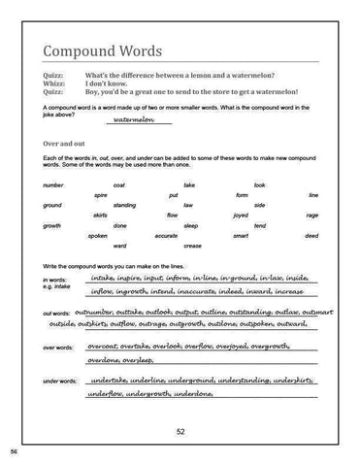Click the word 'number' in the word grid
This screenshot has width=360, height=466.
[x=54, y=184]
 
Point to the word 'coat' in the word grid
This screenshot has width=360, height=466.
[x=119, y=184]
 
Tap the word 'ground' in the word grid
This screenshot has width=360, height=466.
[x=52, y=206]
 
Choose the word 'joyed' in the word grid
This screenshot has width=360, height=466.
[x=233, y=216]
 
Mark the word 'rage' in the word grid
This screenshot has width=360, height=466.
[x=311, y=216]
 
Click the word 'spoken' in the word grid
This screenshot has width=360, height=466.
[x=97, y=236]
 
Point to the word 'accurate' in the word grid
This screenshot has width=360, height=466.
[x=166, y=236]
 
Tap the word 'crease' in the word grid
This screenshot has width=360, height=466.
[x=192, y=246]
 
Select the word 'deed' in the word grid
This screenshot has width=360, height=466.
[x=311, y=236]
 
